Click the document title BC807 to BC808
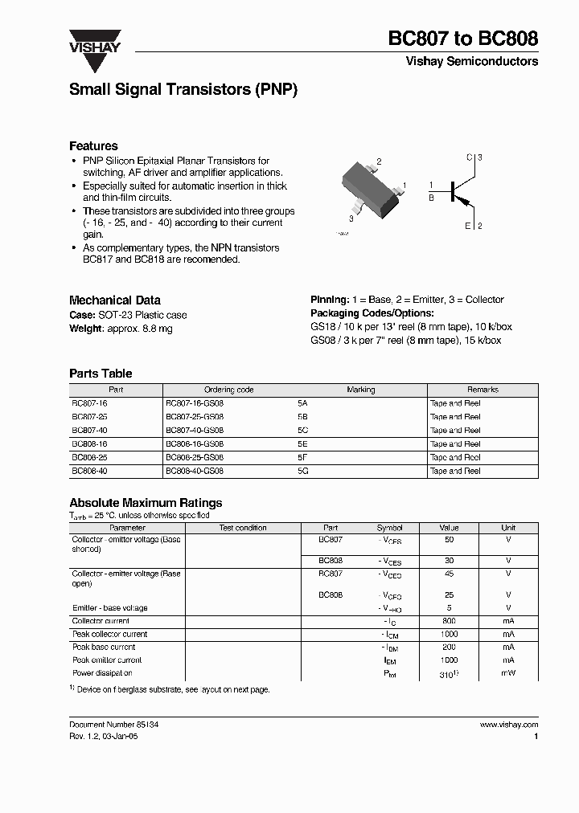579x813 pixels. (463, 38)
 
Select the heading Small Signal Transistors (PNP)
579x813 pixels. (183, 91)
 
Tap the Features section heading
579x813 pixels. (93, 146)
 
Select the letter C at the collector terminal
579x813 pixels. (470, 157)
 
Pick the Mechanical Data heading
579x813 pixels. (115, 300)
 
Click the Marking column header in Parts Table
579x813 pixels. (360, 390)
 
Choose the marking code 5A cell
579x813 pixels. (302, 403)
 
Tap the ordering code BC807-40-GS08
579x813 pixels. (194, 430)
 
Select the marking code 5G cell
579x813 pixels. (302, 471)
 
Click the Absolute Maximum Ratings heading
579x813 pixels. (146, 503)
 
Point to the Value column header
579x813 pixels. (449, 528)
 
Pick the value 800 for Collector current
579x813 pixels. (449, 621)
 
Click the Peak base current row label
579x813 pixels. (104, 647)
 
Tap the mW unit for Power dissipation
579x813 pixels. (508, 673)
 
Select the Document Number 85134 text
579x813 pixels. (113, 724)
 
